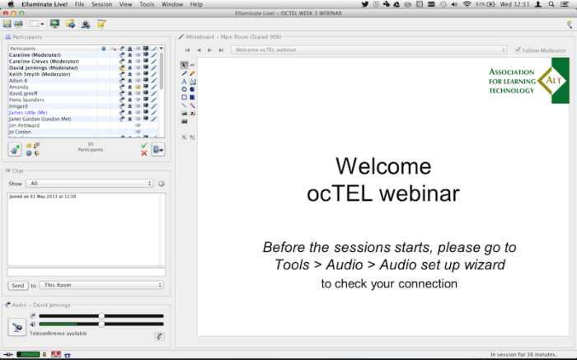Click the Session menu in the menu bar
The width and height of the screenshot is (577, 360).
coord(101,4)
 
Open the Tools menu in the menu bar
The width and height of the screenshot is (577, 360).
coord(147,4)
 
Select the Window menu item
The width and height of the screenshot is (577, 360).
coord(172,4)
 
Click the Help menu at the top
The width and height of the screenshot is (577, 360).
coord(196,4)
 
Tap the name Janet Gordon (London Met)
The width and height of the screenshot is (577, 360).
coord(40,119)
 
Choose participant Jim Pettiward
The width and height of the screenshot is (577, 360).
coord(25,125)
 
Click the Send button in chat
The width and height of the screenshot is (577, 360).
coord(17,285)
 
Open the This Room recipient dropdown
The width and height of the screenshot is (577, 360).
coord(101,285)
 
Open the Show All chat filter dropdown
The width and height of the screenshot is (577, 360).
coord(90,183)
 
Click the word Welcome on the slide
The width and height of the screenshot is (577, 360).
coord(383,166)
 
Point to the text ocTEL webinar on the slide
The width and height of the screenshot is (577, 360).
coord(383,194)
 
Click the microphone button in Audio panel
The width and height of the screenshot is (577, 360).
coord(17,327)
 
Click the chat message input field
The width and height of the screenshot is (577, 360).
coord(87,272)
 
